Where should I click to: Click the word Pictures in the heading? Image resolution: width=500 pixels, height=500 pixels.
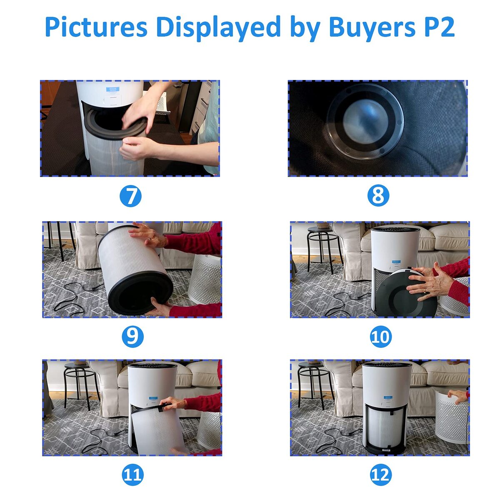[x=96, y=27]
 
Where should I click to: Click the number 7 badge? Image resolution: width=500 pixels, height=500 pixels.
[x=130, y=196]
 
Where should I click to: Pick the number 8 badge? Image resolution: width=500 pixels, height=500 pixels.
[x=378, y=196]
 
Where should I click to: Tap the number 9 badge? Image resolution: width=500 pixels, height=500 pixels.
[x=132, y=337]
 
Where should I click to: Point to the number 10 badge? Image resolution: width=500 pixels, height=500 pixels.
[x=381, y=337]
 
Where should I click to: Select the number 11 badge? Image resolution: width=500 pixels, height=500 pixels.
[x=132, y=475]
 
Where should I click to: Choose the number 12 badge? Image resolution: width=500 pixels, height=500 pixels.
[x=381, y=475]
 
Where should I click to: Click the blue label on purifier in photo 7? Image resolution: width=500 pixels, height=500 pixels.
[x=112, y=90]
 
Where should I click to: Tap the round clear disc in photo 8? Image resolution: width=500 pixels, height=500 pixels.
[x=365, y=121]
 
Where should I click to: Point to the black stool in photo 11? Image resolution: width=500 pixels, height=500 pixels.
[x=81, y=385]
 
